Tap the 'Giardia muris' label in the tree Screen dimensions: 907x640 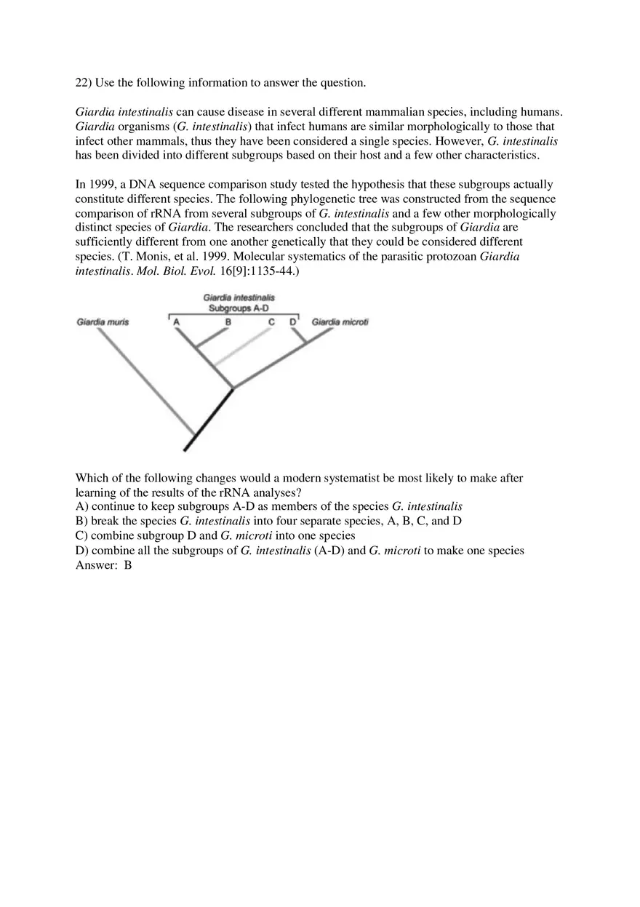point(103,322)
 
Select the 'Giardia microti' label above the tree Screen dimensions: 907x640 point(340,322)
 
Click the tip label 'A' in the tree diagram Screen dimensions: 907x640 point(177,322)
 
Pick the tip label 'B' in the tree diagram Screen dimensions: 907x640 point(228,322)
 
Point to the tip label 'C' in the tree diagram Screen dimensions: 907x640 point(271,322)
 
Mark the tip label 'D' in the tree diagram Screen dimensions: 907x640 point(293,322)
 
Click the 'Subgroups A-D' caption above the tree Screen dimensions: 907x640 point(239,308)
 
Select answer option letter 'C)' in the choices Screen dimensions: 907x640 point(82,536)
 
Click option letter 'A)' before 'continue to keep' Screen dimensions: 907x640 point(82,507)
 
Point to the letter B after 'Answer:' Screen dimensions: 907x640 point(128,565)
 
